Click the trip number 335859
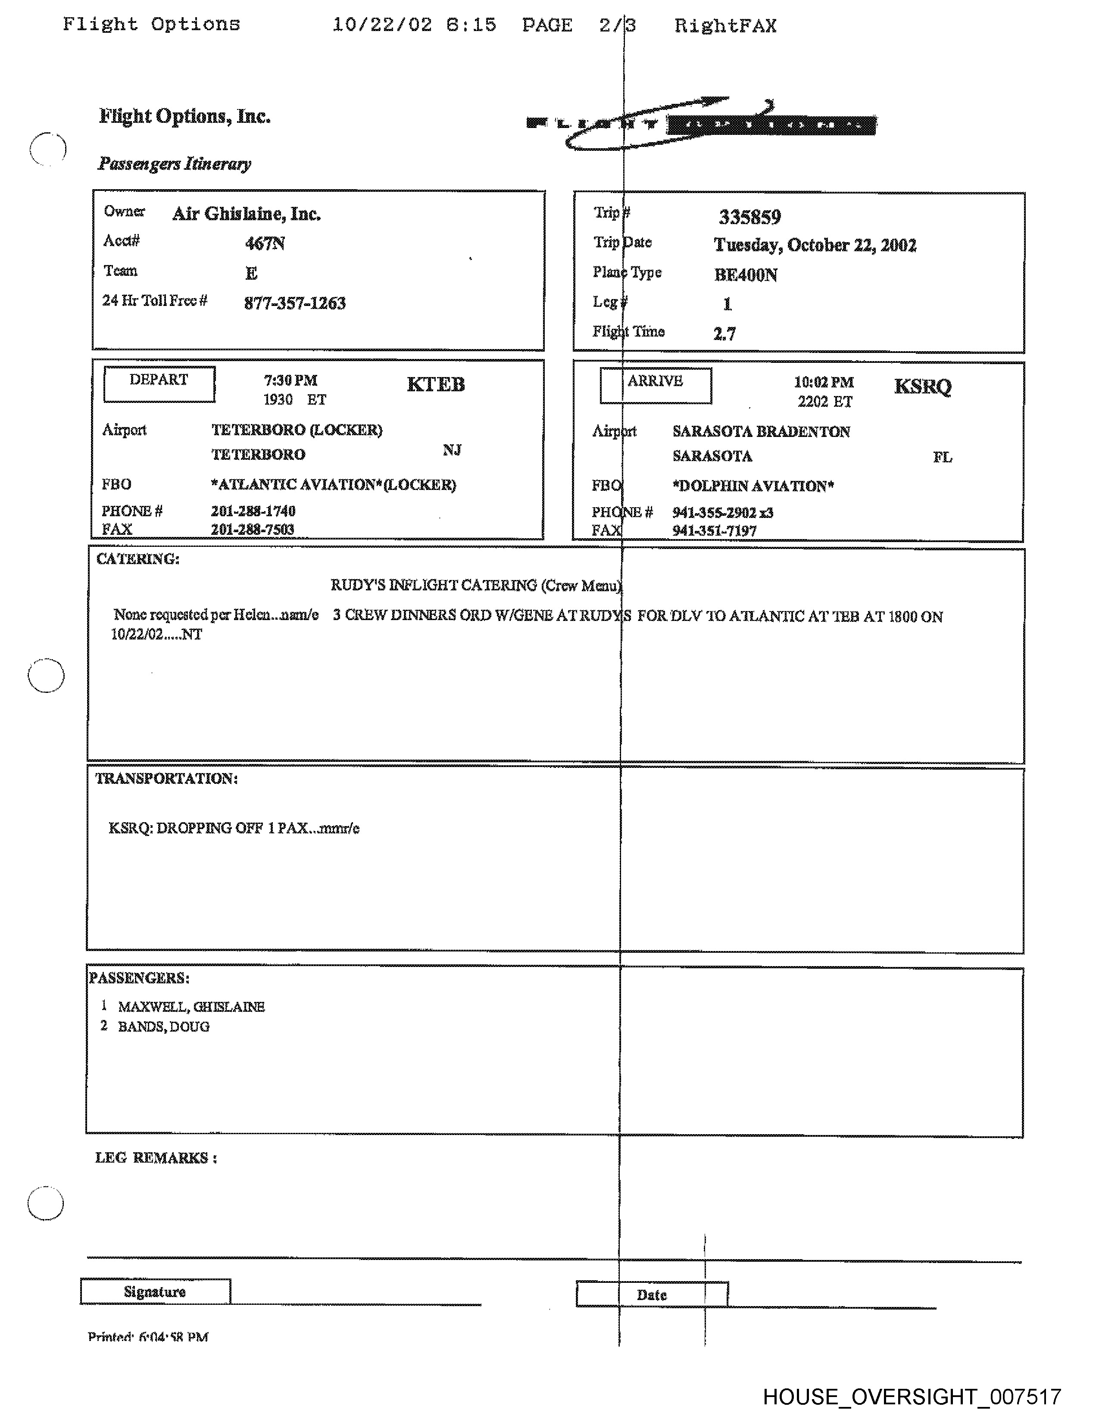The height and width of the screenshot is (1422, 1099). pos(749,217)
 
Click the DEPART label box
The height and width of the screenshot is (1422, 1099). pos(159,384)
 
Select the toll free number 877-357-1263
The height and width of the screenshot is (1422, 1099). pos(294,303)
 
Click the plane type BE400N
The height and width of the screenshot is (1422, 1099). pos(746,275)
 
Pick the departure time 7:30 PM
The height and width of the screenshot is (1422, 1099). pos(290,380)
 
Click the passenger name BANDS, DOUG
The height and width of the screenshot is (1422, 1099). pos(163,1027)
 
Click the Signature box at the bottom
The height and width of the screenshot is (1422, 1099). pos(155,1292)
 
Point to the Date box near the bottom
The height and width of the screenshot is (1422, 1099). pos(652,1294)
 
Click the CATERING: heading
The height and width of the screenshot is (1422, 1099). pos(137,559)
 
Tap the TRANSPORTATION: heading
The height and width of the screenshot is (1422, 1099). pos(166,779)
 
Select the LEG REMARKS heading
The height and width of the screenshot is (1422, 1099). pos(156,1158)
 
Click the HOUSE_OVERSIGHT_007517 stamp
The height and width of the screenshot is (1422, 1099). pos(912,1397)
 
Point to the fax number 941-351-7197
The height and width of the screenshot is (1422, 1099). pos(714,530)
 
